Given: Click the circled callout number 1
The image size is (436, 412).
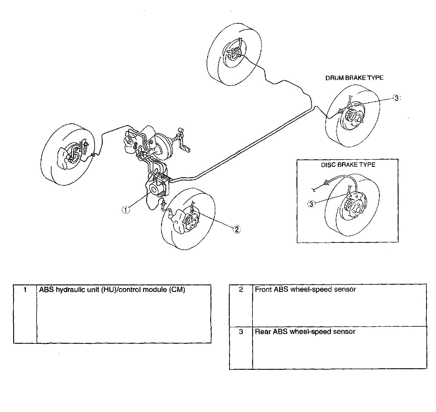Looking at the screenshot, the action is click(126, 210).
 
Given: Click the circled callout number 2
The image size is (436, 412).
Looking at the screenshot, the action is click(237, 229).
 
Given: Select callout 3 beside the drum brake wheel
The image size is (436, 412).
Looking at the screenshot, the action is click(396, 98).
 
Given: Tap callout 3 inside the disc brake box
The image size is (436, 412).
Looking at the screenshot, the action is click(311, 204).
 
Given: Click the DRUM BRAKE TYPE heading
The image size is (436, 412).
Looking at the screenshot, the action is click(354, 78).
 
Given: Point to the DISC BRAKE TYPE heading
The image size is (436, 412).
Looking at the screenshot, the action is click(348, 165).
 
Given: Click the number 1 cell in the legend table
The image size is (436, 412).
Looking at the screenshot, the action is click(25, 314).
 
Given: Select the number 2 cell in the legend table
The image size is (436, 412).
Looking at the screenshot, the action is click(241, 305).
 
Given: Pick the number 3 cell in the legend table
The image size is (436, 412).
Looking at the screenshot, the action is click(241, 347).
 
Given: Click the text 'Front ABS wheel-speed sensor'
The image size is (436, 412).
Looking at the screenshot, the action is click(305, 290).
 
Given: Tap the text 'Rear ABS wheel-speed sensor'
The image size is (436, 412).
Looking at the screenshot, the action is click(305, 331).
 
